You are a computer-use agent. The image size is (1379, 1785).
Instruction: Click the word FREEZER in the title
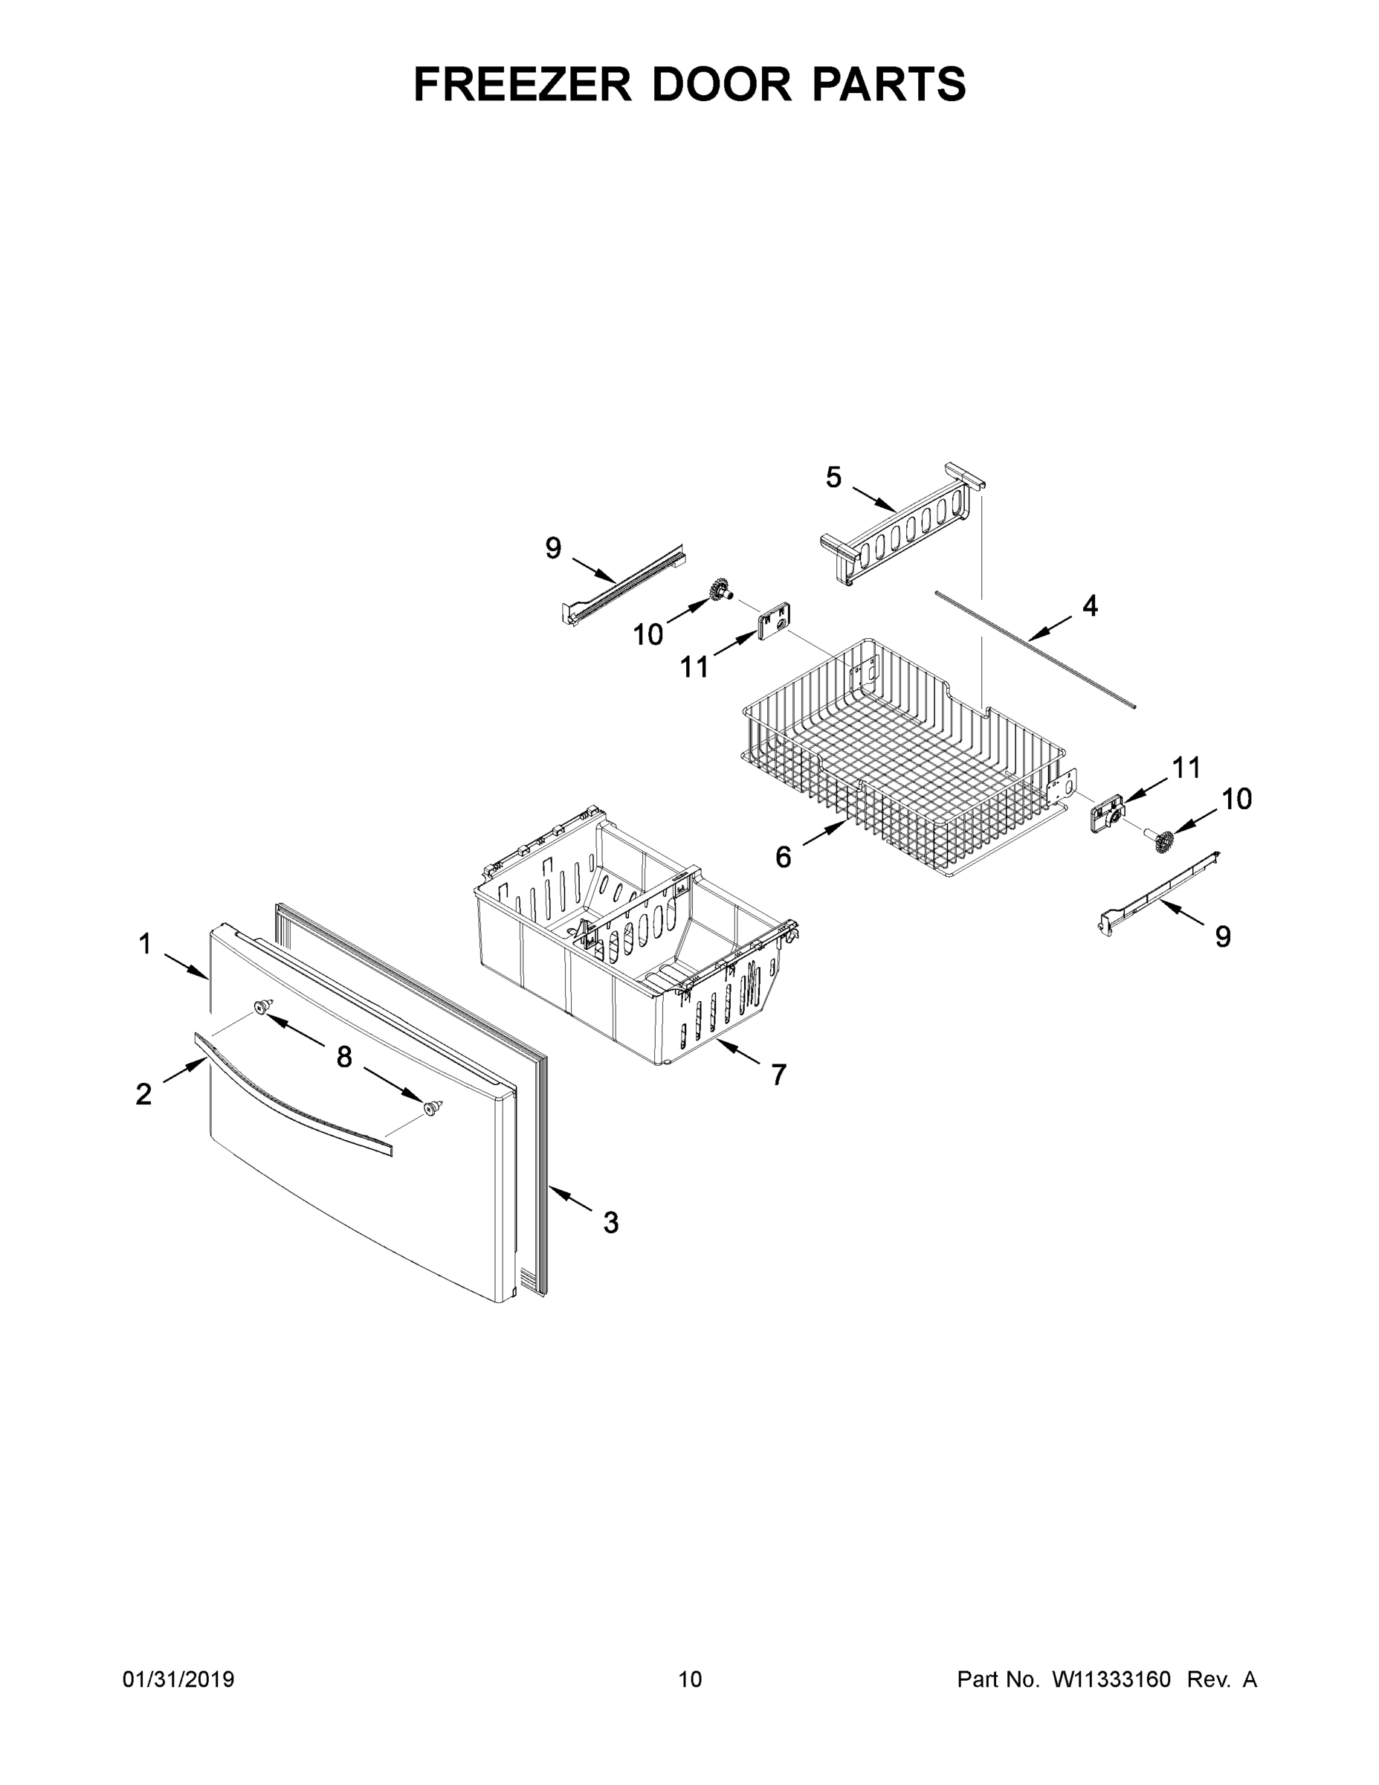[522, 84]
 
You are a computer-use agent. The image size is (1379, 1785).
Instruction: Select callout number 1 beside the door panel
[145, 944]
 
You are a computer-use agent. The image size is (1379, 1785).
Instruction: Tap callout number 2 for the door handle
[143, 1093]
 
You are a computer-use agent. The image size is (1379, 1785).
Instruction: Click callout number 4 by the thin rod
[1090, 605]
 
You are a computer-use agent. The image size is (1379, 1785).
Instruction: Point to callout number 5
[833, 477]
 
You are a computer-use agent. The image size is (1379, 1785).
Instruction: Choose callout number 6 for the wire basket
[783, 858]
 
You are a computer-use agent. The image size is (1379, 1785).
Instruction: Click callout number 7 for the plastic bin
[778, 1075]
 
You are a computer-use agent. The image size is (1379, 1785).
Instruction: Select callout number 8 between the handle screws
[344, 1058]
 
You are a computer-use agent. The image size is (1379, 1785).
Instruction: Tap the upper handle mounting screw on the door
[262, 1006]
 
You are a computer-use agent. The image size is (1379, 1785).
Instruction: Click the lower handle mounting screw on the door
[432, 1107]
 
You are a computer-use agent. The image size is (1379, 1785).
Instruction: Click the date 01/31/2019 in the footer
[178, 1679]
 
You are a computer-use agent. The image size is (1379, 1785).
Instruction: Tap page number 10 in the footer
[691, 1679]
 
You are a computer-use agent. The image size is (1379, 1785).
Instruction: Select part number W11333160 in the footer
[1111, 1679]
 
